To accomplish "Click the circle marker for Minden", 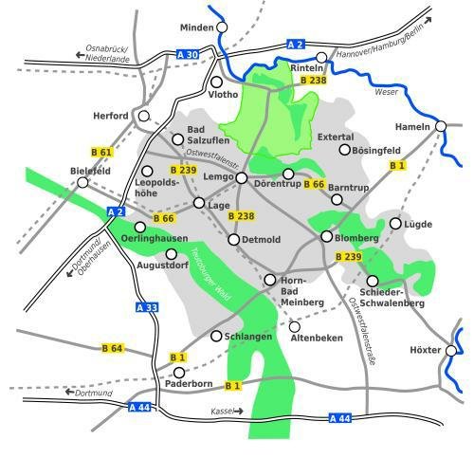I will tap(222, 27).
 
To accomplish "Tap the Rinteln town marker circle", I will tap(320, 58).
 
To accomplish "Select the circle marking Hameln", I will tap(440, 126).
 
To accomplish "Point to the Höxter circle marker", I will tap(450, 350).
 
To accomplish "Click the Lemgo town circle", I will tap(241, 177).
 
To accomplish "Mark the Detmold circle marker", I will tap(234, 239).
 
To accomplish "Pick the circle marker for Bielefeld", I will tap(83, 182).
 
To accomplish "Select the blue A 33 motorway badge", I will tap(146, 307).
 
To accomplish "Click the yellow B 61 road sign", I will tap(100, 152).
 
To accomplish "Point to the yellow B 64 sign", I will tap(113, 349).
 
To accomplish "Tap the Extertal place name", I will tap(335, 137).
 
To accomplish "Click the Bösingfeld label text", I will tap(376, 150).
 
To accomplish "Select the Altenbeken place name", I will tap(316, 338).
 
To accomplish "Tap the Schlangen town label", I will tap(249, 337).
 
